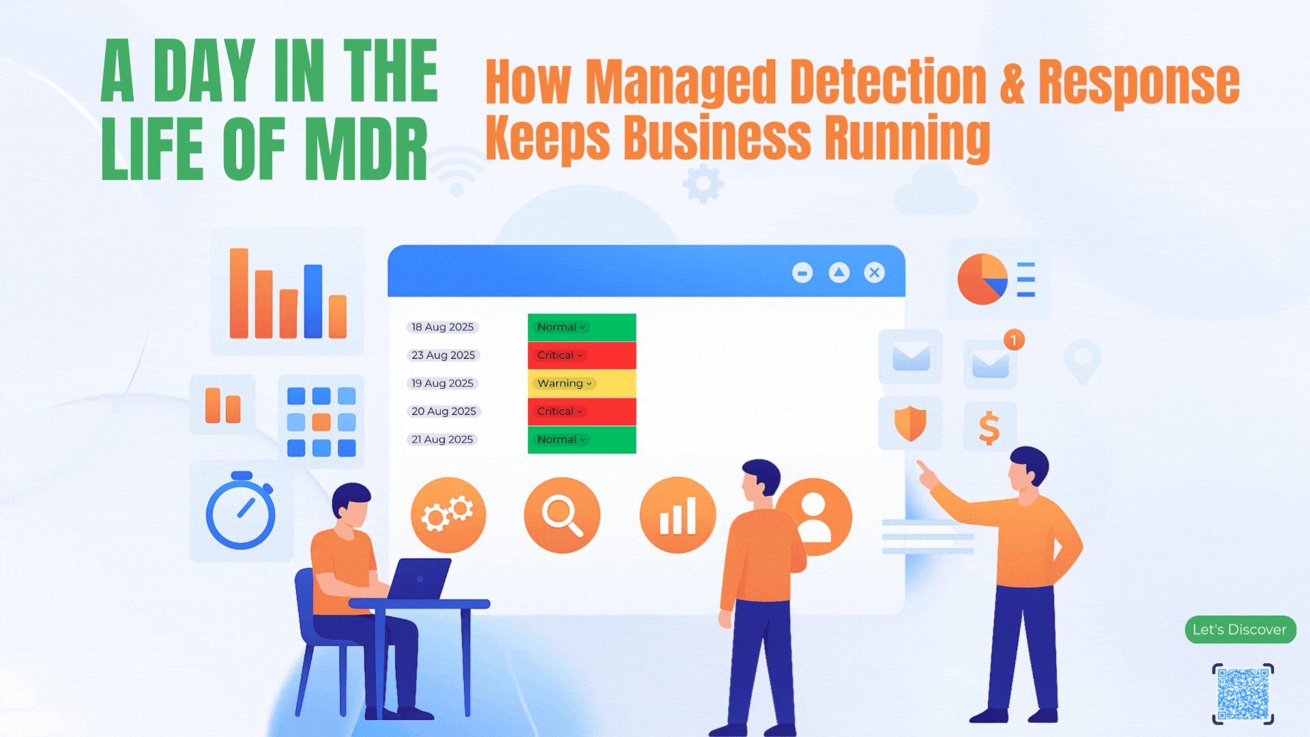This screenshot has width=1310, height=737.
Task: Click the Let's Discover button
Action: [x=1240, y=629]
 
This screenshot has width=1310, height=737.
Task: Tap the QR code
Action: [x=1243, y=694]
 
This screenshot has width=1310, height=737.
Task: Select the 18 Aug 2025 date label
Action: [x=443, y=327]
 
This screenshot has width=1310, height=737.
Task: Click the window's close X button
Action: [x=874, y=273]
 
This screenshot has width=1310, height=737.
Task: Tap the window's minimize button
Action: [x=802, y=273]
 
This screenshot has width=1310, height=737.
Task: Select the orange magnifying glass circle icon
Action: [x=562, y=515]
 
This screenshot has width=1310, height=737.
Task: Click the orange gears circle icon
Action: [x=448, y=515]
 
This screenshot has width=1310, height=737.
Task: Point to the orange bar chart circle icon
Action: [x=678, y=515]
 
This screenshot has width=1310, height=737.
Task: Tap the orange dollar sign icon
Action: [x=989, y=428]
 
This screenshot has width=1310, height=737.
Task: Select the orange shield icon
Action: [x=910, y=424]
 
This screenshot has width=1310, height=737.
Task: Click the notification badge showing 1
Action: [x=1014, y=340]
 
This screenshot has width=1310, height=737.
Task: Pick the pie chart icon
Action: [x=982, y=279]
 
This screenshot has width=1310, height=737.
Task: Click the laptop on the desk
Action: [x=419, y=579]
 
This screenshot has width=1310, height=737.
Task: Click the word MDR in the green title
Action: [x=366, y=149]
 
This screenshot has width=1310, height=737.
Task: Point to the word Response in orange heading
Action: [x=1139, y=83]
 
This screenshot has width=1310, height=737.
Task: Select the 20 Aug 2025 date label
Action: [x=443, y=411]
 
